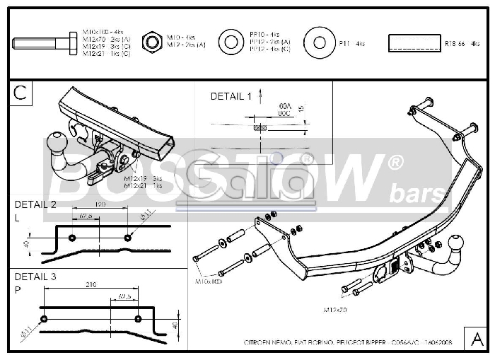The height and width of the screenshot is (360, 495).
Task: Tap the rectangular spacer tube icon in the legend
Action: click(413, 43)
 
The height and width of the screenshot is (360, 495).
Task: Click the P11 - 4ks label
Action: click(351, 44)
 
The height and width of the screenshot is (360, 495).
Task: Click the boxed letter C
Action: click(21, 92)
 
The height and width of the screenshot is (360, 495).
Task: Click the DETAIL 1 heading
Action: click(231, 96)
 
